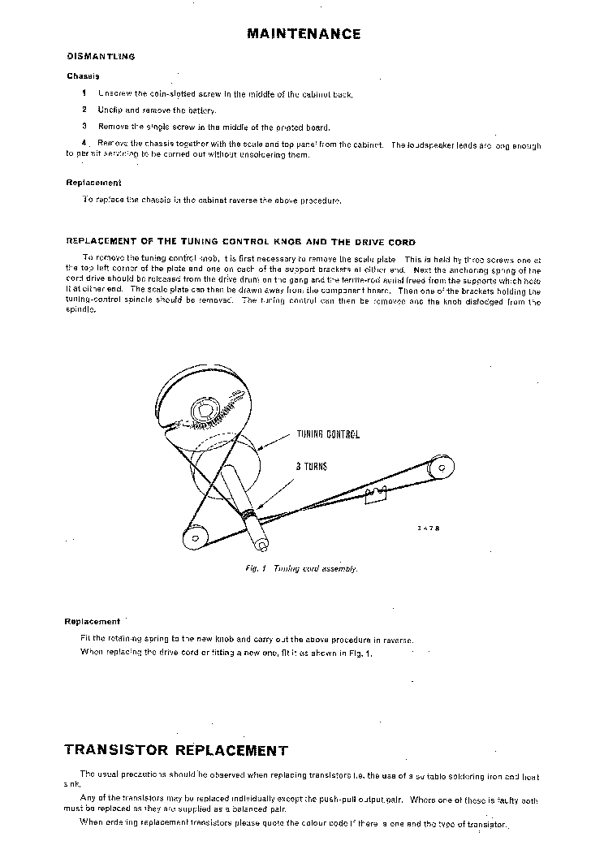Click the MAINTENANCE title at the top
pyautogui.click(x=304, y=34)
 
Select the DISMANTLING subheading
pyautogui.click(x=100, y=57)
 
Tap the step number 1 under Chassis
pyautogui.click(x=84, y=93)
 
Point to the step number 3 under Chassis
pyautogui.click(x=84, y=127)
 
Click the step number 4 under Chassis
pyautogui.click(x=84, y=144)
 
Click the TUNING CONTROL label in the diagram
pyautogui.click(x=327, y=435)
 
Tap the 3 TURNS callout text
pyautogui.click(x=311, y=467)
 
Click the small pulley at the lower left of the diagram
pyautogui.click(x=195, y=537)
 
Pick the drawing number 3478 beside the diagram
pyautogui.click(x=429, y=528)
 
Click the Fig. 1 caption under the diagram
pyautogui.click(x=301, y=569)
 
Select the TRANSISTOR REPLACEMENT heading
pyautogui.click(x=175, y=750)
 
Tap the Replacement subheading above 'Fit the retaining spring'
pyautogui.click(x=93, y=622)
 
